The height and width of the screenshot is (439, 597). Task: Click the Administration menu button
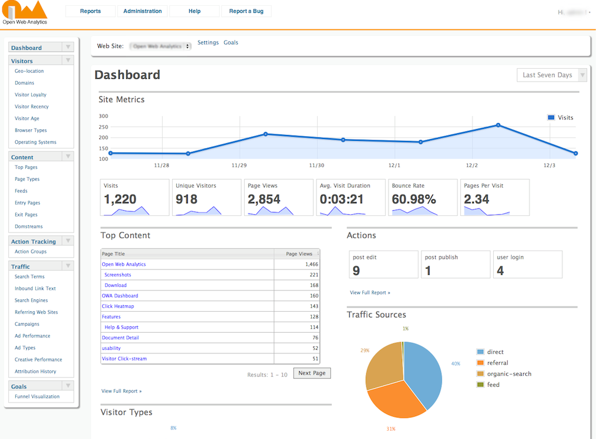(143, 11)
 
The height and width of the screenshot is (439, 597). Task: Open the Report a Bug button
(246, 11)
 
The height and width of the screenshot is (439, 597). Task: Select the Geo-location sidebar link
(29, 71)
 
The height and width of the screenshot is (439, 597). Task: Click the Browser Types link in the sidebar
(31, 130)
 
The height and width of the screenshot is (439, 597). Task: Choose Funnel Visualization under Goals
(37, 397)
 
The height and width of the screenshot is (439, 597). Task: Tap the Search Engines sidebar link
(32, 300)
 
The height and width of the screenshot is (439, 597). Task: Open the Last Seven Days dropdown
(551, 75)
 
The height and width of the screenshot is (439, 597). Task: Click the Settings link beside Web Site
(208, 43)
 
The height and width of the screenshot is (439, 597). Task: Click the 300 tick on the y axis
(103, 116)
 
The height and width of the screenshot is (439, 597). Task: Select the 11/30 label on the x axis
(316, 166)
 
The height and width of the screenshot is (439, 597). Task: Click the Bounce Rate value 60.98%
(414, 200)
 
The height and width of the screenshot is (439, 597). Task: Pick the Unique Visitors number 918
(187, 200)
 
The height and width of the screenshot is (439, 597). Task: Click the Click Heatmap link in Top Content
(117, 306)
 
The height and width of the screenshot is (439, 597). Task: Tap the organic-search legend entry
(508, 374)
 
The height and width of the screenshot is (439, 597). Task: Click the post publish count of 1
(428, 271)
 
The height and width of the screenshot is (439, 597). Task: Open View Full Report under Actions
(370, 292)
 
